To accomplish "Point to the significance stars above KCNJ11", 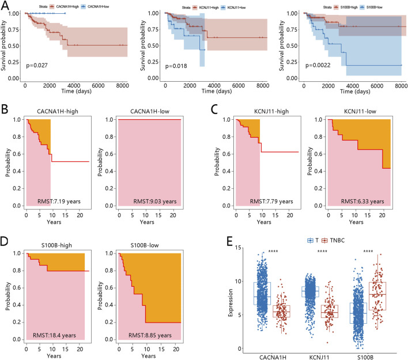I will click(x=307, y=252).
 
